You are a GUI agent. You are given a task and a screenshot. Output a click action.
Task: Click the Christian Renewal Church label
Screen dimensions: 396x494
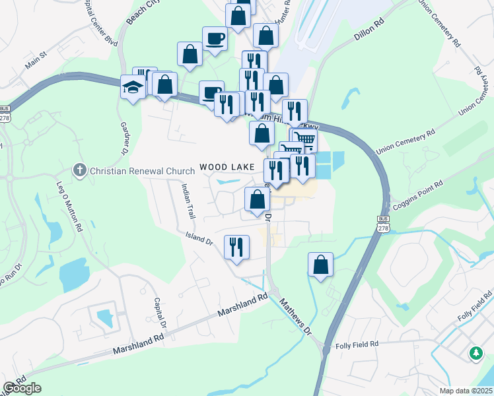click(143, 171)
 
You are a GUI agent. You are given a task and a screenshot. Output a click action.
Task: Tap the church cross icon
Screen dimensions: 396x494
click(80, 171)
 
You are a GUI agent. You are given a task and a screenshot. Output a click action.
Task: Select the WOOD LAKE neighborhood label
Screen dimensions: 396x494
click(227, 167)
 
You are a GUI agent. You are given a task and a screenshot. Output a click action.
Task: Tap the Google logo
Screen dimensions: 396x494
click(22, 387)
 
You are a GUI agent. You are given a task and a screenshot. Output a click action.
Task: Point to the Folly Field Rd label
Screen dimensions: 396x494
click(356, 345)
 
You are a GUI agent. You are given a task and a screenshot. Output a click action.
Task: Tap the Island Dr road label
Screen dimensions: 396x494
click(199, 238)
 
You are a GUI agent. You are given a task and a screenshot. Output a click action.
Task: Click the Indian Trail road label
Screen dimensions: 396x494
click(189, 201)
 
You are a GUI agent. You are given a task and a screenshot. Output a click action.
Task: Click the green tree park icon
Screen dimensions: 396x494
click(476, 354)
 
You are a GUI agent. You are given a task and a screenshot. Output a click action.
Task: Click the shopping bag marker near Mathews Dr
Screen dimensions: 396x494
click(320, 265)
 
